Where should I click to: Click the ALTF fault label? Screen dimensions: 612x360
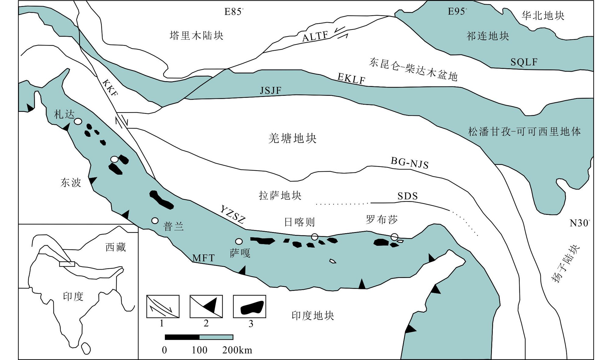(315, 36)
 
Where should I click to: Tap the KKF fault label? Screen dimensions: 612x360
(110, 88)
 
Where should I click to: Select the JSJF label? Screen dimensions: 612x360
(270, 91)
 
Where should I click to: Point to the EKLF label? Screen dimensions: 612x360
(351, 79)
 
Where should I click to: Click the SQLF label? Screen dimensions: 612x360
(524, 62)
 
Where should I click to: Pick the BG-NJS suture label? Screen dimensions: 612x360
(410, 163)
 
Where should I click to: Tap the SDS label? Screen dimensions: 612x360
(407, 196)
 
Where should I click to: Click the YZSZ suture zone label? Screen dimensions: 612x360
(233, 215)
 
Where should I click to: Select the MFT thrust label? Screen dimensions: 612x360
(204, 258)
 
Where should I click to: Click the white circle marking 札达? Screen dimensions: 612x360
(78, 121)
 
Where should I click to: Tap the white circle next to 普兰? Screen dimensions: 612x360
(155, 220)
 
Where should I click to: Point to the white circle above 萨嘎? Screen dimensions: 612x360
(239, 241)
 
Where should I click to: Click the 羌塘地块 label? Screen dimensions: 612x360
(293, 138)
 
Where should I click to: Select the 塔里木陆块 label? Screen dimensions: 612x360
(197, 36)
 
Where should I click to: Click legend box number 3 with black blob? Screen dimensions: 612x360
(249, 306)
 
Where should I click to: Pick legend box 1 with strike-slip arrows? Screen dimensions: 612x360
(163, 306)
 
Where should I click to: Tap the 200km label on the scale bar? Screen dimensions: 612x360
(237, 350)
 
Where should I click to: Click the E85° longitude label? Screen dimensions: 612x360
(234, 12)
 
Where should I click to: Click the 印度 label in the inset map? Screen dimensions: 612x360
(73, 296)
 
